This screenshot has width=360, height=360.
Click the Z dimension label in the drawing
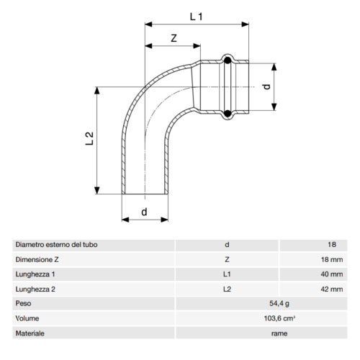point(174,38)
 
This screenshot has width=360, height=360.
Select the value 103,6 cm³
point(258,319)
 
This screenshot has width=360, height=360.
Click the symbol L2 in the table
point(226,289)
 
